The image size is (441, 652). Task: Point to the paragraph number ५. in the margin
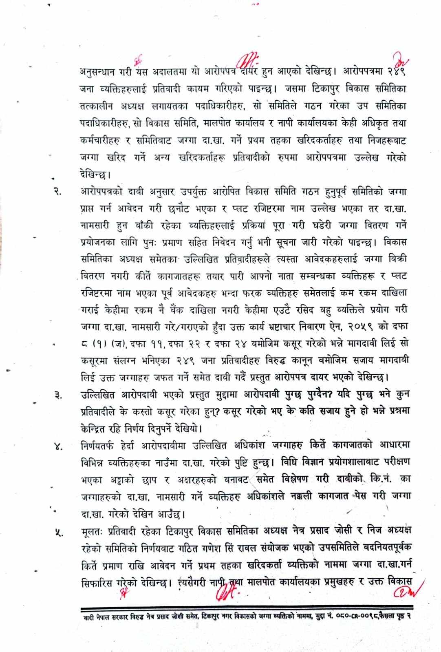57,532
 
